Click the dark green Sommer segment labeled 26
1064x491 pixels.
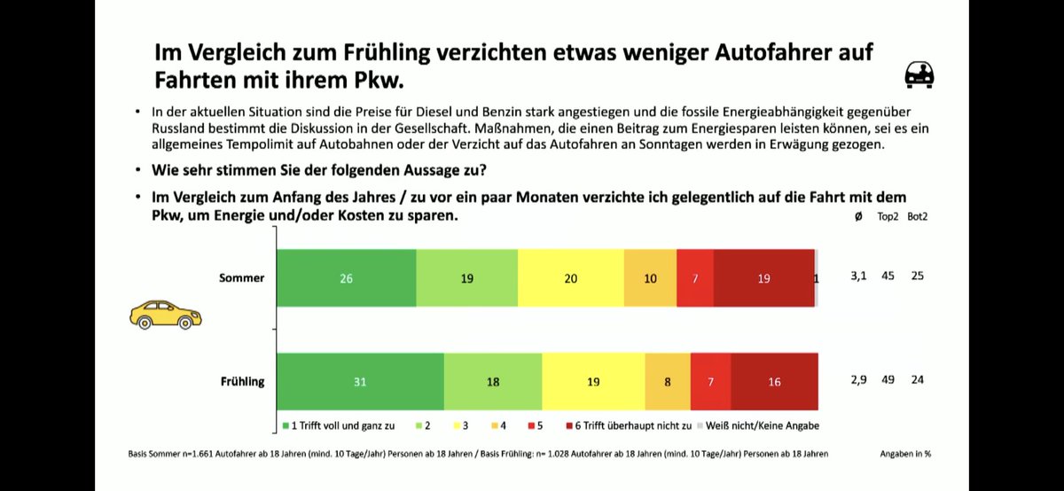pos(347,278)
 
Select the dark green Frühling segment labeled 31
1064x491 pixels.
pos(360,381)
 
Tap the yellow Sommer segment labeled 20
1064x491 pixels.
pos(570,278)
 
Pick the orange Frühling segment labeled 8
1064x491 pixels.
pos(667,381)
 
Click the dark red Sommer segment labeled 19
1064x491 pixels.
pos(763,278)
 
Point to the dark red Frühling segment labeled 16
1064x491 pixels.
pos(774,381)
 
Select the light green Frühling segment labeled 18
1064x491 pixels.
pos(493,381)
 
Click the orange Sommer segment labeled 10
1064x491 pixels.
pos(650,278)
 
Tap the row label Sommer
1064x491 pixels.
pos(241,278)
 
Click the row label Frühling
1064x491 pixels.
pos(241,381)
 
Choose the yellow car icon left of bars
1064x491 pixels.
pos(166,314)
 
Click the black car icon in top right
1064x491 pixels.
pos(919,75)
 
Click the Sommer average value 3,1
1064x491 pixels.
pos(858,277)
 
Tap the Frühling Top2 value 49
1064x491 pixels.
pos(887,379)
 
